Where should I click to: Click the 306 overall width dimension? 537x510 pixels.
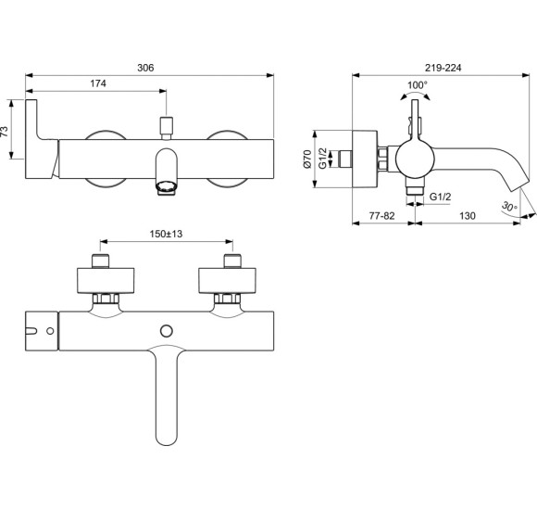[145, 68]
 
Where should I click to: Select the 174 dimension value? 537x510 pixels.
[98, 83]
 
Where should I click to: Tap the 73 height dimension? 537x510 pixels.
[6, 132]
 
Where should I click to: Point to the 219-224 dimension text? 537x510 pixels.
[443, 68]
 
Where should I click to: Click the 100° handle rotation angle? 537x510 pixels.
[418, 84]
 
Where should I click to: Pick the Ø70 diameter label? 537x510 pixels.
[307, 159]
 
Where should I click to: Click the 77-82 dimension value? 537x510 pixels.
[381, 216]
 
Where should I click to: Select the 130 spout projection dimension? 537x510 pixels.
[468, 216]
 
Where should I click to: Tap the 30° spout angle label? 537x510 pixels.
[509, 207]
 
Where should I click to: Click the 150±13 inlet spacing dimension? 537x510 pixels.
[166, 234]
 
